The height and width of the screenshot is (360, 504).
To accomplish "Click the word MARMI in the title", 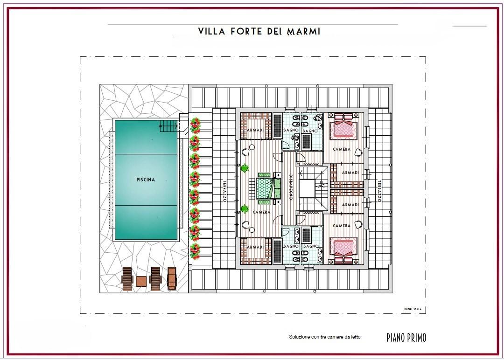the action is pyautogui.click(x=303, y=31).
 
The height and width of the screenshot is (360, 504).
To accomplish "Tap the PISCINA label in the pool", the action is pyautogui.click(x=146, y=180).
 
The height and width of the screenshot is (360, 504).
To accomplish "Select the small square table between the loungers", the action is pyautogui.click(x=141, y=281).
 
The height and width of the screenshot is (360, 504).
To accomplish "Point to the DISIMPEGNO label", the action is pyautogui.click(x=291, y=187).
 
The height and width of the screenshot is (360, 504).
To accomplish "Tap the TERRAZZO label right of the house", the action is pyautogui.click(x=379, y=191).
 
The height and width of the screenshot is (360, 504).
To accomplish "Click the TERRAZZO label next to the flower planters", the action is pyautogui.click(x=224, y=191).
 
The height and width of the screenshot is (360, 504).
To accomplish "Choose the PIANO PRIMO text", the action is pyautogui.click(x=406, y=338).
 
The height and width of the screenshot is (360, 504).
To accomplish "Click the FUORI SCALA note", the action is pyautogui.click(x=413, y=309).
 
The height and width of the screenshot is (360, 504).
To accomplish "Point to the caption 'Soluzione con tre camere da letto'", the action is pyautogui.click(x=325, y=337).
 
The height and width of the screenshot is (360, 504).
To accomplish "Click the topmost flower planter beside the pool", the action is pyautogui.click(x=195, y=125).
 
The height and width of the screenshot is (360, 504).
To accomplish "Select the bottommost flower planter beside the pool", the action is pyautogui.click(x=195, y=251).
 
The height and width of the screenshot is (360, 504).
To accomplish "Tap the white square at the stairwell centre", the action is pyautogui.click(x=307, y=188).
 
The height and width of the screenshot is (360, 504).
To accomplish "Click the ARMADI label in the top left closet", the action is pyautogui.click(x=256, y=130).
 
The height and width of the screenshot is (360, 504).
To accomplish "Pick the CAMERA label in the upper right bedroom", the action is pyautogui.click(x=342, y=149).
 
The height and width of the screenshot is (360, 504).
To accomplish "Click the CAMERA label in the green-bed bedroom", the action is pyautogui.click(x=262, y=212).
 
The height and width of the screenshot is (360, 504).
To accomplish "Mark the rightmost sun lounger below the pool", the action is pyautogui.click(x=172, y=279).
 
